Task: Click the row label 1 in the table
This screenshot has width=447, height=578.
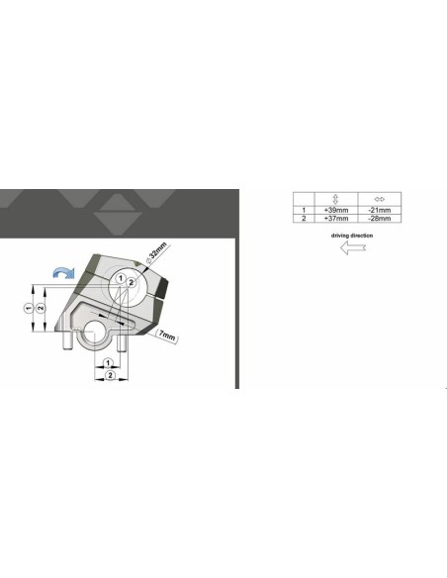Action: point(304,210)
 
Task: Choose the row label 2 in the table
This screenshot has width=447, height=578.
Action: point(304,218)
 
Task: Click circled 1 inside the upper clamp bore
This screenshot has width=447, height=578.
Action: point(118,280)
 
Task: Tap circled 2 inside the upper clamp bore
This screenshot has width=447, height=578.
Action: point(131,283)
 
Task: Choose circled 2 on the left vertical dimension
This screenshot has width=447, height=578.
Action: point(40,308)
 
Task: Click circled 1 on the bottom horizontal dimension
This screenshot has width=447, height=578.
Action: point(109,365)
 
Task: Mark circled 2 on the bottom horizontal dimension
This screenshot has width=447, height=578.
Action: point(110,376)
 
